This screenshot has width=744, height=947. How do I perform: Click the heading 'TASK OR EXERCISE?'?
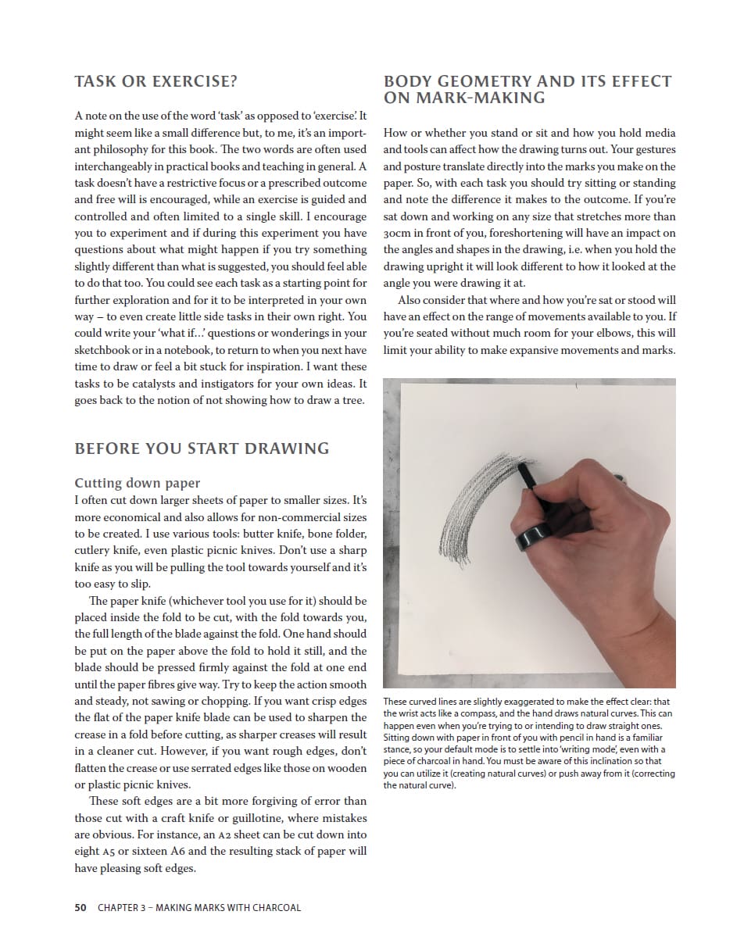pyautogui.click(x=156, y=81)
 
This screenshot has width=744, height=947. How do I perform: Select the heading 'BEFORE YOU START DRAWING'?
pyautogui.click(x=202, y=448)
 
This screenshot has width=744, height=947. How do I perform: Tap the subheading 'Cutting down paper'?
pyautogui.click(x=138, y=483)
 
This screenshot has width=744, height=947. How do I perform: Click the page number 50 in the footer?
pyautogui.click(x=80, y=908)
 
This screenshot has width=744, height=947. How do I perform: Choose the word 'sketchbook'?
pyautogui.click(x=105, y=350)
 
